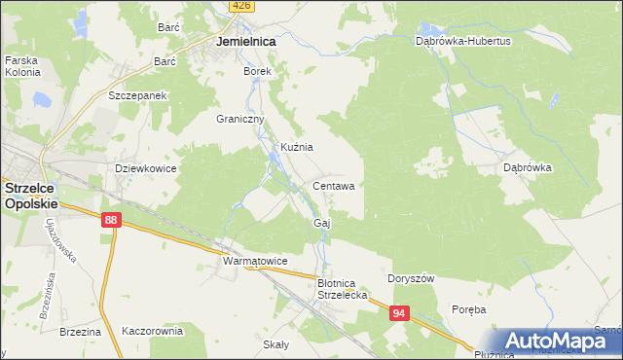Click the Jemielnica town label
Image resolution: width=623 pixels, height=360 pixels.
[x=245, y=43]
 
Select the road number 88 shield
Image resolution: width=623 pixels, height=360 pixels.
[x=110, y=222]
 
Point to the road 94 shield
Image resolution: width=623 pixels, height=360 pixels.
[x=398, y=313]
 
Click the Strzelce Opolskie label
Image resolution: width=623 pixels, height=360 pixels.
[x=30, y=197]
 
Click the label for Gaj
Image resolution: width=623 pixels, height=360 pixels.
[x=322, y=223]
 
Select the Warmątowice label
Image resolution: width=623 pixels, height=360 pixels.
[x=254, y=262]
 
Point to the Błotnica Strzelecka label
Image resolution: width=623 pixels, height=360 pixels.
[x=341, y=289]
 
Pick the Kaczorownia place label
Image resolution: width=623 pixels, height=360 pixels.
[x=152, y=331]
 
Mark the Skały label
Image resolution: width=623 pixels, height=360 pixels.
[x=276, y=344]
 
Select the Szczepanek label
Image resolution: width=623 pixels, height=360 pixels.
[x=139, y=96]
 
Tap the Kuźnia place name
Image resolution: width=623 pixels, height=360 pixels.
[x=296, y=147]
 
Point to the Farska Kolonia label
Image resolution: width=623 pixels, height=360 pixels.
[x=20, y=65]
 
